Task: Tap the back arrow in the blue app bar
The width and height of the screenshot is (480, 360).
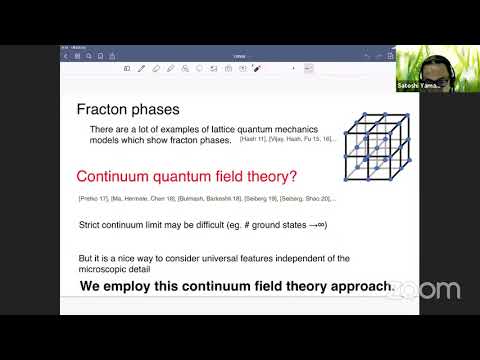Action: (65, 55)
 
